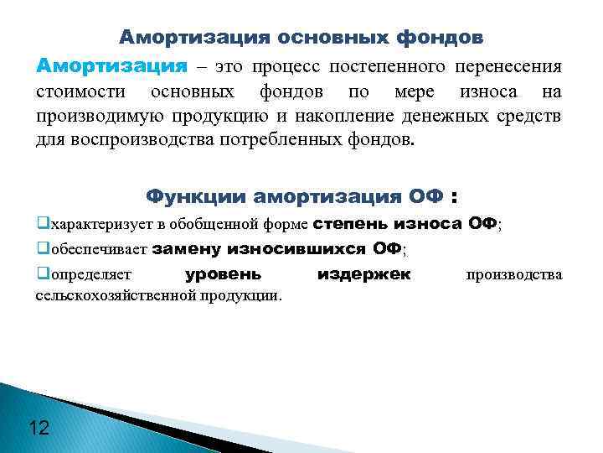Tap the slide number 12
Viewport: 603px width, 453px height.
pos(39,428)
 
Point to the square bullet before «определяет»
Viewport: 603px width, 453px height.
pos(43,274)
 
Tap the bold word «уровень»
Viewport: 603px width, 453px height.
pos(223,274)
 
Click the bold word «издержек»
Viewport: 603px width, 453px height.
pos(365,274)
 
